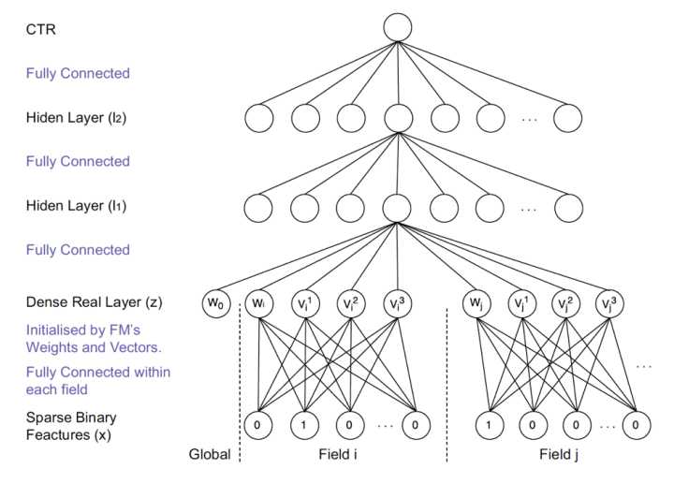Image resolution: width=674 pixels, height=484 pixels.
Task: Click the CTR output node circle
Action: [x=397, y=27]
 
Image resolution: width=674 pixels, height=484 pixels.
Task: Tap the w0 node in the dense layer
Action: [x=216, y=304]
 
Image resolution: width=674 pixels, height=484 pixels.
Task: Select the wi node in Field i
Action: [x=258, y=304]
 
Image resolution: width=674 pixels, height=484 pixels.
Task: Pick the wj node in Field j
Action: [x=478, y=304]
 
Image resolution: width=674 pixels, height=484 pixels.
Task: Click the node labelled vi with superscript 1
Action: [x=303, y=304]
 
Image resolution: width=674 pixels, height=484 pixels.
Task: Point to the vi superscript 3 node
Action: [x=396, y=304]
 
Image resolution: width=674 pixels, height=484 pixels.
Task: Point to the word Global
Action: [x=209, y=456]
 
